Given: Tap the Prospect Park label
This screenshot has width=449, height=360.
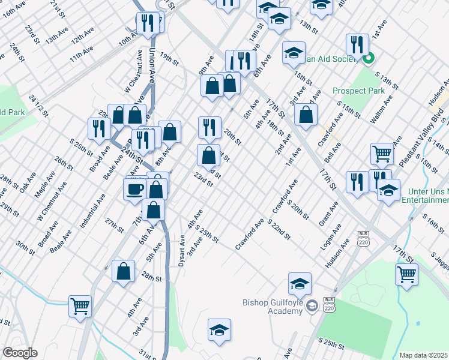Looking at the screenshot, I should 358,91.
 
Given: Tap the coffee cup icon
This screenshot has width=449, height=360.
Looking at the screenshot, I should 133,189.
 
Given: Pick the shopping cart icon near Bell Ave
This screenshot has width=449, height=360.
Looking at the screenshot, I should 382,154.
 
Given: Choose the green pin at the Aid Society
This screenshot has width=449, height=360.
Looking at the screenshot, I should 369,58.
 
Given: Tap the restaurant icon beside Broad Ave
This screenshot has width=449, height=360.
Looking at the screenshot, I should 98,128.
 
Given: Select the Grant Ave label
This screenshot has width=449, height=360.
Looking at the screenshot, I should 329,214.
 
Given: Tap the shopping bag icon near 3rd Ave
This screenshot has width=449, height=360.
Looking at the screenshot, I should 306,116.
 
